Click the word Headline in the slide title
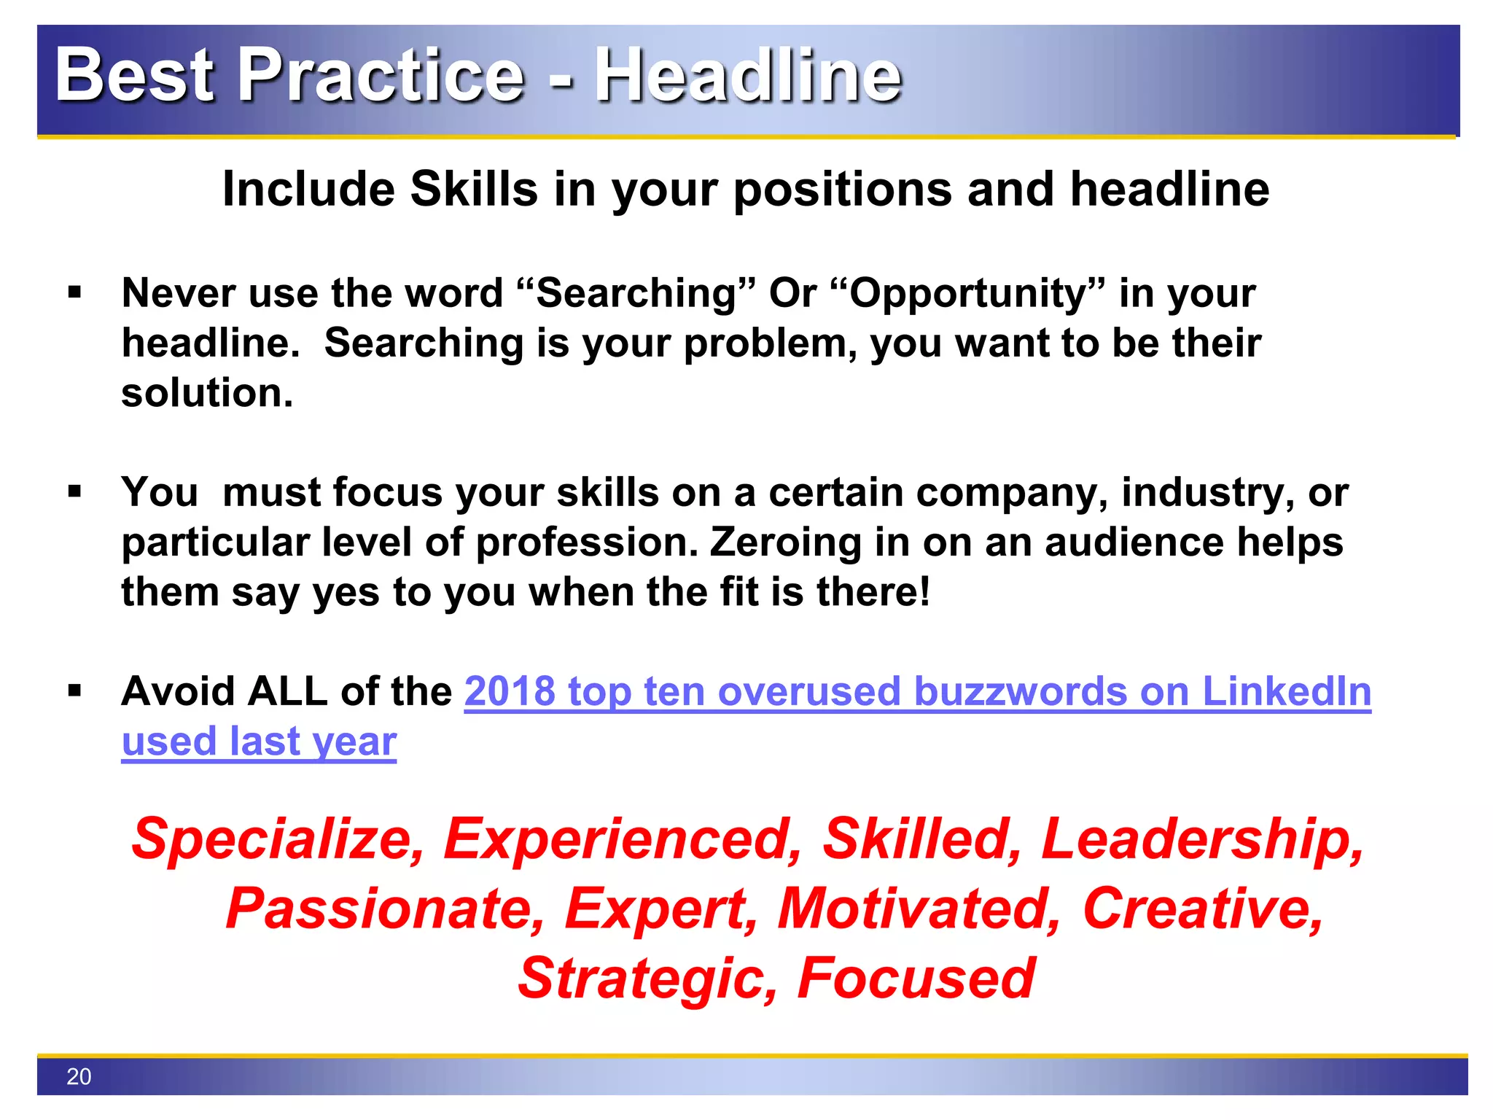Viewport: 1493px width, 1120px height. coord(749,74)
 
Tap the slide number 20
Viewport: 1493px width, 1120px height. coord(79,1076)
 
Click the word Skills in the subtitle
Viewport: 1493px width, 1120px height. coord(474,189)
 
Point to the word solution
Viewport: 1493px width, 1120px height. coord(206,393)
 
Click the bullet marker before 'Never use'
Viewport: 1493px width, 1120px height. coord(74,293)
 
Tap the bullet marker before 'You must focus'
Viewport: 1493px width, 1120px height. coord(74,492)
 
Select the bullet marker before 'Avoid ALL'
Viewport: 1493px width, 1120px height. coord(74,691)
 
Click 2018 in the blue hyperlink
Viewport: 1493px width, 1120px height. coord(510,691)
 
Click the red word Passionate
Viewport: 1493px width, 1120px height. coord(385,910)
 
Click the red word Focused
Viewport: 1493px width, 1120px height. coord(916,979)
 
